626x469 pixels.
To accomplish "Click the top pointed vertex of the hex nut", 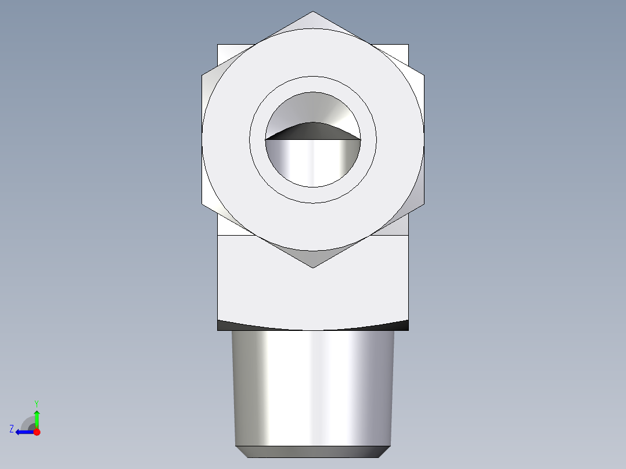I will click(313, 12).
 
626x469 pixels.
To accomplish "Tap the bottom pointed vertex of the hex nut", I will click(313, 267).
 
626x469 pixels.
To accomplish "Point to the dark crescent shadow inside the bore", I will click(313, 132).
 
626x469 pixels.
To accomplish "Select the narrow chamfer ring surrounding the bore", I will click(313, 84).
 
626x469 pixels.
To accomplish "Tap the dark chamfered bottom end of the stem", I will click(313, 452).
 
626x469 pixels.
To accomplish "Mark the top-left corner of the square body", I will click(218, 45).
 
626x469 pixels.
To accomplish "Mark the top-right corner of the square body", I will click(408, 45).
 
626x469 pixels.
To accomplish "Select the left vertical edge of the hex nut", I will click(202, 139).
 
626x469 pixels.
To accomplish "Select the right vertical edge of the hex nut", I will click(424, 139).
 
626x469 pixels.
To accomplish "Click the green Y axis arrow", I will click(37, 417).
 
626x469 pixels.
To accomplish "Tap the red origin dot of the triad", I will click(37, 432).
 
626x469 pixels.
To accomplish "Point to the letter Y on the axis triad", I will click(36, 403).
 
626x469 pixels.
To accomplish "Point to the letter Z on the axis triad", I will click(12, 429).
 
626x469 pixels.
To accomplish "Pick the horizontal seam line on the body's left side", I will click(235, 235).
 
